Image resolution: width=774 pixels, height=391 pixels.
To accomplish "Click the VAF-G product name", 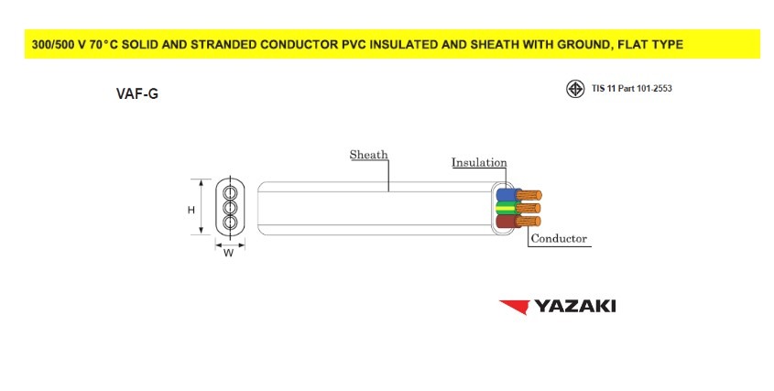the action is pyautogui.click(x=137, y=93).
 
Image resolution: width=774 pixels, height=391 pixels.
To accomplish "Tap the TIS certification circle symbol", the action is pyautogui.click(x=575, y=89).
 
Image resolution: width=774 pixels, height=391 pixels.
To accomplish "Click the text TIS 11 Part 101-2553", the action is pyautogui.click(x=632, y=89).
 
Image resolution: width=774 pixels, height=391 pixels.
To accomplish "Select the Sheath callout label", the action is pyautogui.click(x=369, y=155).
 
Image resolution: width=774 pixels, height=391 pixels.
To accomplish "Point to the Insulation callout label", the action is pyautogui.click(x=479, y=162).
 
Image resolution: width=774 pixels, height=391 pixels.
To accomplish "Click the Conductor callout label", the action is pyautogui.click(x=559, y=238).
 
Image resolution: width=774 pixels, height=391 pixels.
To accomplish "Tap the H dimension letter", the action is pyautogui.click(x=191, y=210).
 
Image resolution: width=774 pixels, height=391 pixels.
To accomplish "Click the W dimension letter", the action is pyautogui.click(x=229, y=254).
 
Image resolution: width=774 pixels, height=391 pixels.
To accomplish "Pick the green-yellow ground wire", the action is pyautogui.click(x=507, y=208).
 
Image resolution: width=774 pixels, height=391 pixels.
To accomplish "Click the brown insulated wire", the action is pyautogui.click(x=507, y=222).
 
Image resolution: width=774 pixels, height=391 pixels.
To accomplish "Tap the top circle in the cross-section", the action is pyautogui.click(x=230, y=192).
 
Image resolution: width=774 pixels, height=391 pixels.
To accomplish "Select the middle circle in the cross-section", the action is pyautogui.click(x=230, y=207).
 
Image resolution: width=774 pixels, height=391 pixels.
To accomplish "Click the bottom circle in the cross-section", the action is pyautogui.click(x=230, y=223).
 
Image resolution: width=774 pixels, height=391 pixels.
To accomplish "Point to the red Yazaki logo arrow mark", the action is pyautogui.click(x=515, y=307).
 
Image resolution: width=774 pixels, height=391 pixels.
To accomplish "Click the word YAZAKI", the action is pyautogui.click(x=575, y=306).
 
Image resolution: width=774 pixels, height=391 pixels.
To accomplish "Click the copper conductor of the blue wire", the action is pyautogui.click(x=529, y=194).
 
